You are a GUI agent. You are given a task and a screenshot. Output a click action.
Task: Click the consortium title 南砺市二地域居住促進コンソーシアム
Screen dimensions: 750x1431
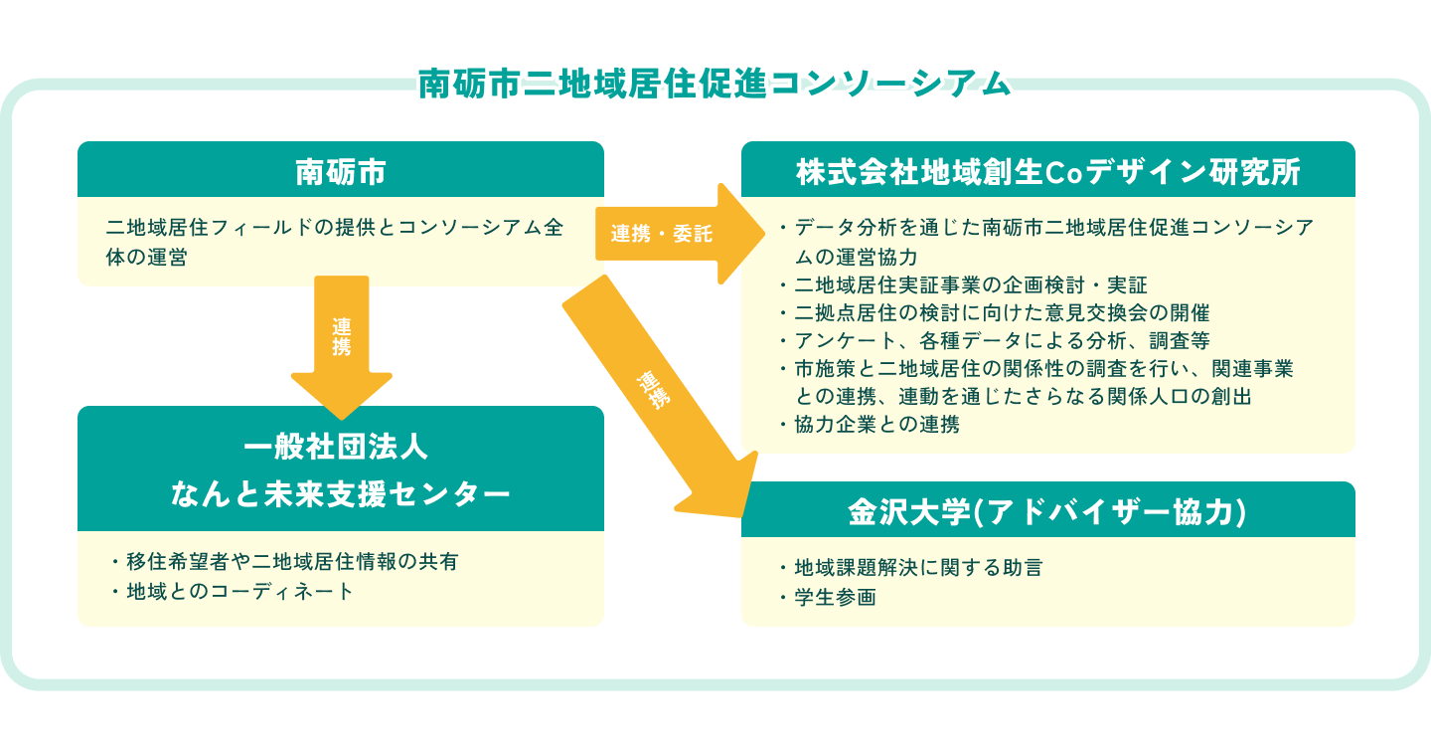tap(714, 84)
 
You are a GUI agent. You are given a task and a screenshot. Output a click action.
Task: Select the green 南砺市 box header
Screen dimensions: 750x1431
tap(340, 171)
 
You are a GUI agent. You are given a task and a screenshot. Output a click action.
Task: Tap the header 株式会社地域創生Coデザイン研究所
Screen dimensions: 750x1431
tap(1047, 171)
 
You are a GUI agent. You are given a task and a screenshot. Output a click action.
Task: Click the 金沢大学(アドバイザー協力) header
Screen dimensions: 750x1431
tap(1047, 511)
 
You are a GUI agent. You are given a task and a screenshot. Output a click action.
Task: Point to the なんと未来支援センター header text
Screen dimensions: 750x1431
tap(340, 492)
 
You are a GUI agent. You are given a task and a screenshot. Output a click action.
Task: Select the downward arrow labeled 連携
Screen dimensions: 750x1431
tap(342, 343)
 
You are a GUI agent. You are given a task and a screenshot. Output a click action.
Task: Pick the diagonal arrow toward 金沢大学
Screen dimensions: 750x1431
tap(656, 398)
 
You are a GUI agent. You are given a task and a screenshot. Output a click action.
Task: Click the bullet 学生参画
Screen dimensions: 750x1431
tap(835, 598)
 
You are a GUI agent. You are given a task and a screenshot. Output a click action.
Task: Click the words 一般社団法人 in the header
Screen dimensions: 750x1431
tap(340, 447)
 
